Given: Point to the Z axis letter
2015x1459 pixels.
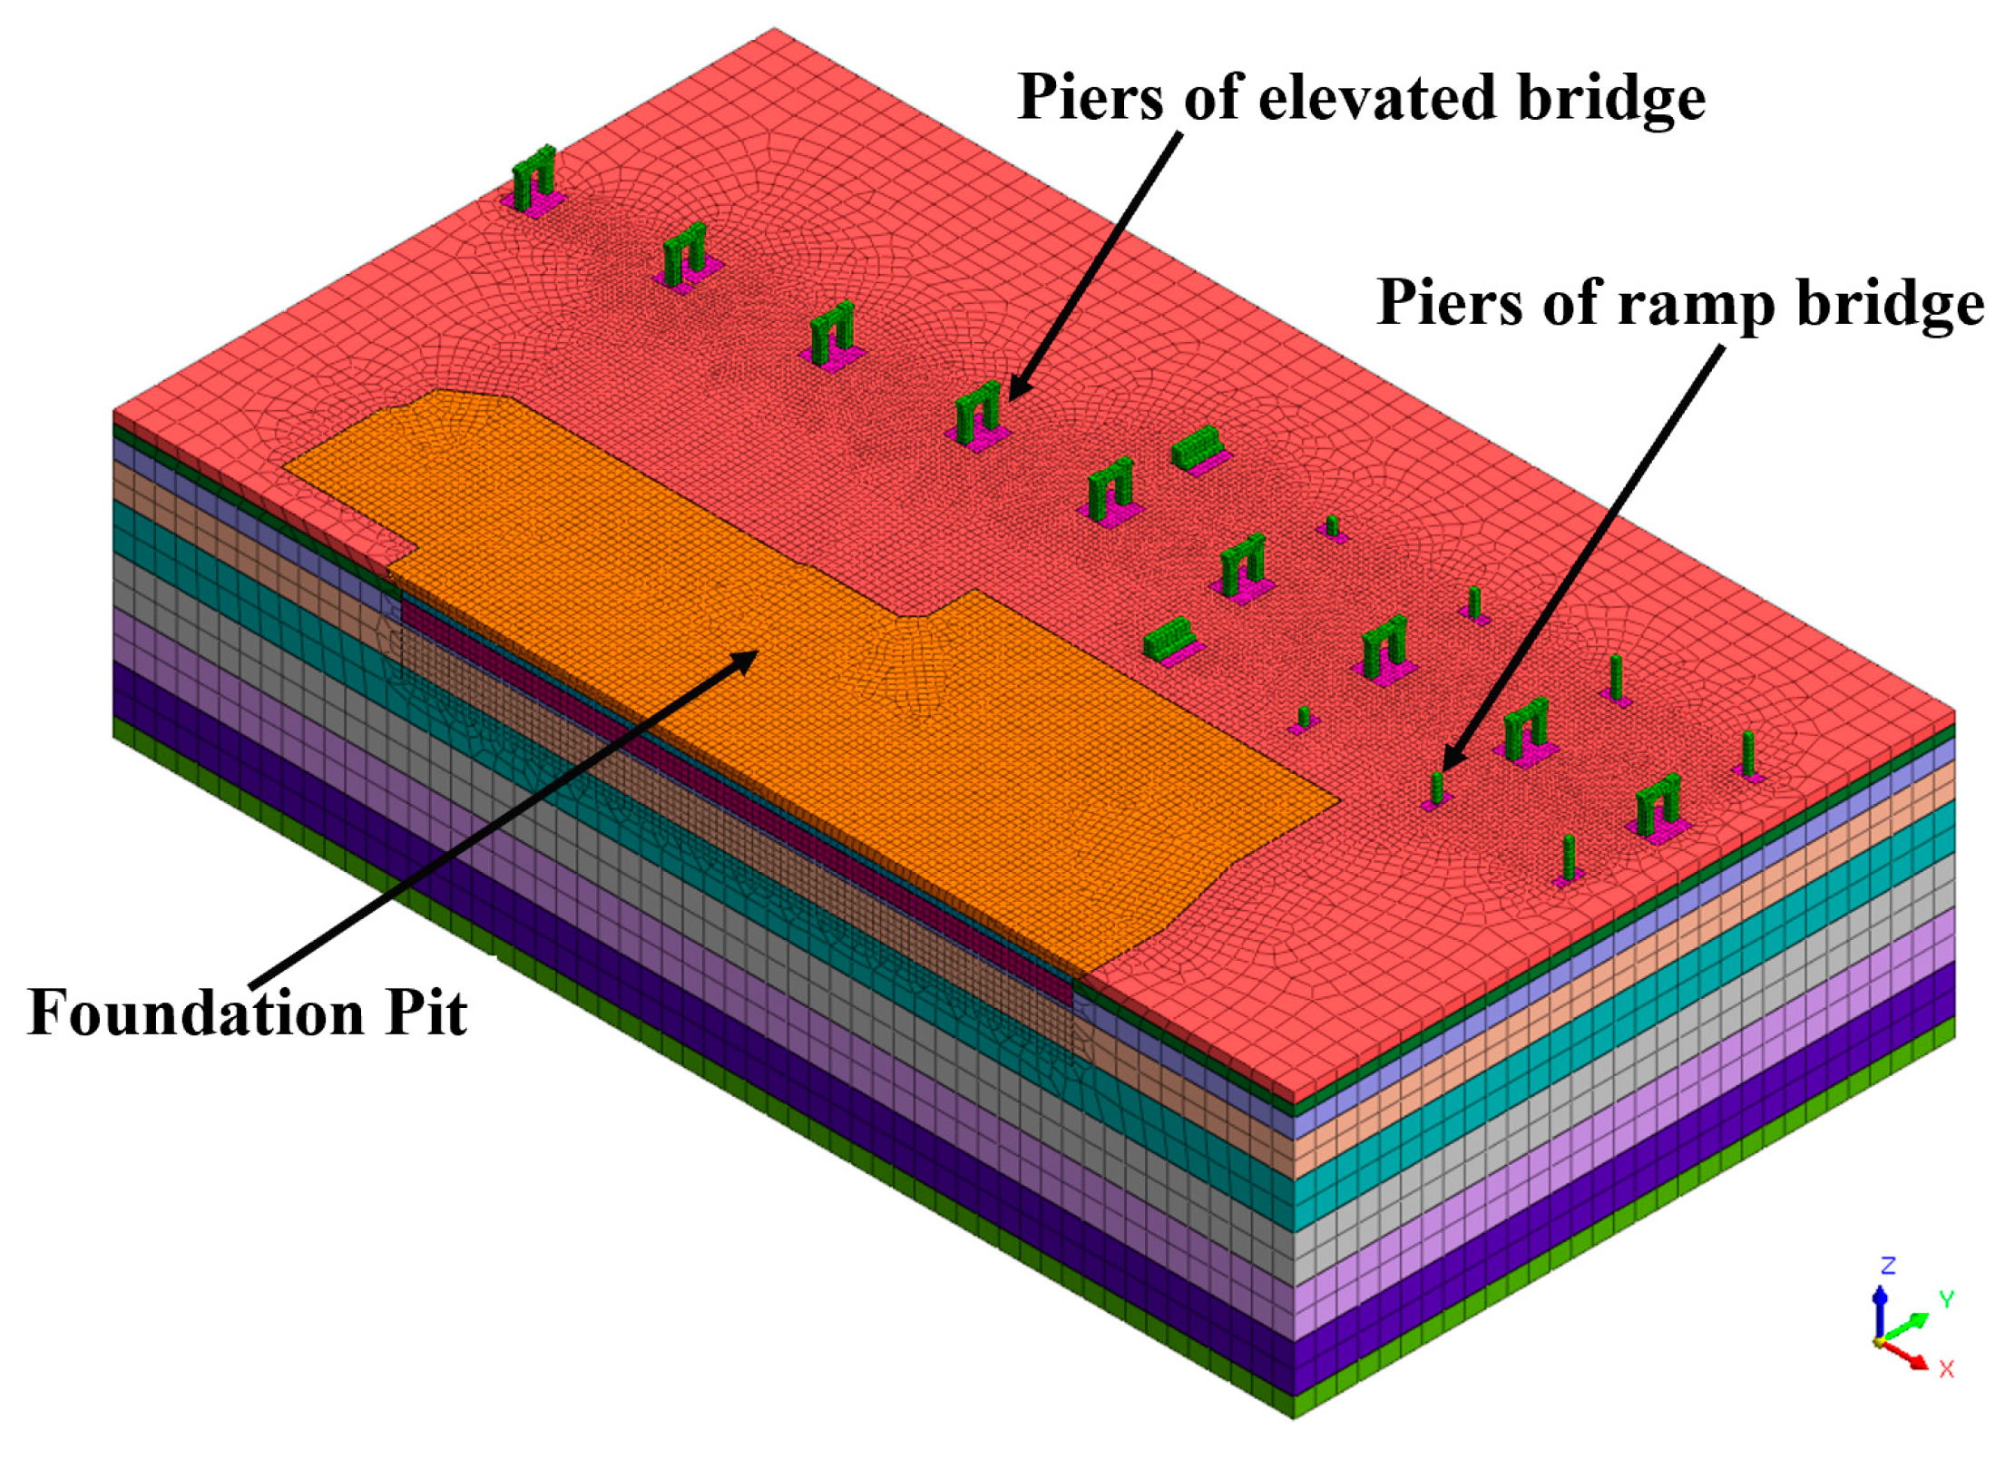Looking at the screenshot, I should (x=1888, y=1266).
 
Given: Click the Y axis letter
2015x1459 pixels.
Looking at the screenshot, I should (x=1945, y=1299).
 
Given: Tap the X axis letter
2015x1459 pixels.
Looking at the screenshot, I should (x=1946, y=1368).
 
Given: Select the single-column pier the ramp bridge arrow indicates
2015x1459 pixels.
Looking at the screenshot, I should (x=1436, y=788).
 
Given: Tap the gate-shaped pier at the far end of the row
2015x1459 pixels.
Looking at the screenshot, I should (x=533, y=178).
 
